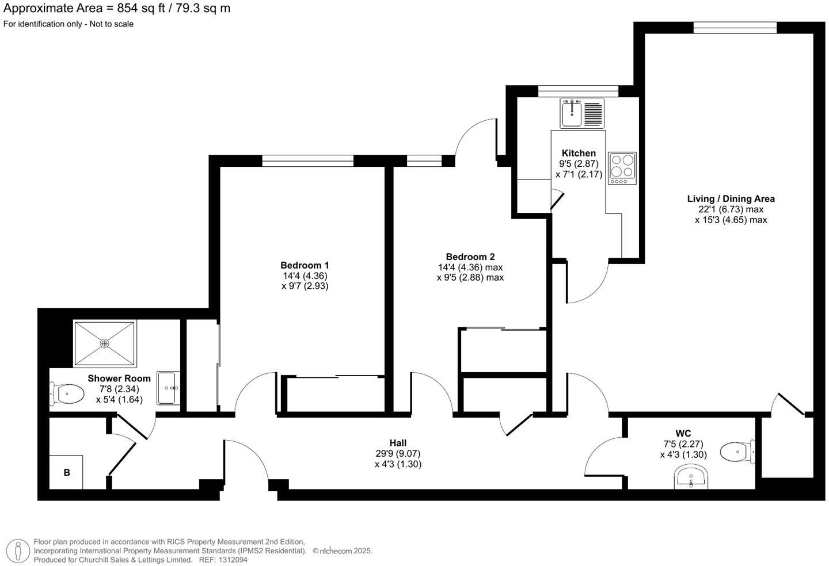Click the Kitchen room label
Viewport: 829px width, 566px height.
(579, 153)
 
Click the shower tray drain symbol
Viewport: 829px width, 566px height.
(105, 343)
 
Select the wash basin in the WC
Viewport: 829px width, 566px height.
(691, 478)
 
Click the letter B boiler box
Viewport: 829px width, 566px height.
(67, 472)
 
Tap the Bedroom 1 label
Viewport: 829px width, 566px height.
(305, 265)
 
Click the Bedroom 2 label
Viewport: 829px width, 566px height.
(470, 257)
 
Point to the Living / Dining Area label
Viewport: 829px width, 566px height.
(731, 199)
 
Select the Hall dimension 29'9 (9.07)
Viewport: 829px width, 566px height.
(398, 453)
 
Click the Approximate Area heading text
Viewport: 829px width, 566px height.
(117, 8)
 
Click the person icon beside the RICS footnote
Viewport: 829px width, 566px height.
(18, 551)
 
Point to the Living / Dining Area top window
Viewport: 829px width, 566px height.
(735, 27)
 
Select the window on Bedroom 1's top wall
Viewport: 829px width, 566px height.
(307, 160)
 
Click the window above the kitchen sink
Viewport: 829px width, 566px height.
(578, 91)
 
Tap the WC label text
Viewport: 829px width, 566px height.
(683, 433)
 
